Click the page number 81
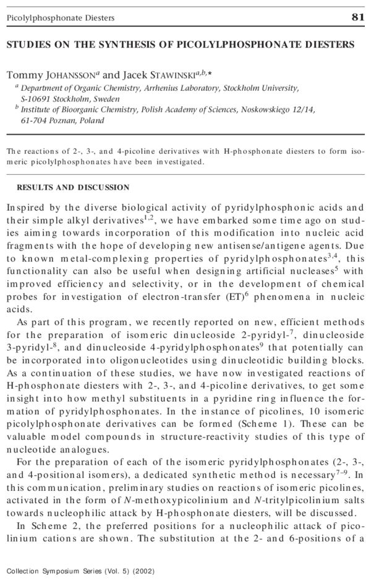[358, 17]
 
